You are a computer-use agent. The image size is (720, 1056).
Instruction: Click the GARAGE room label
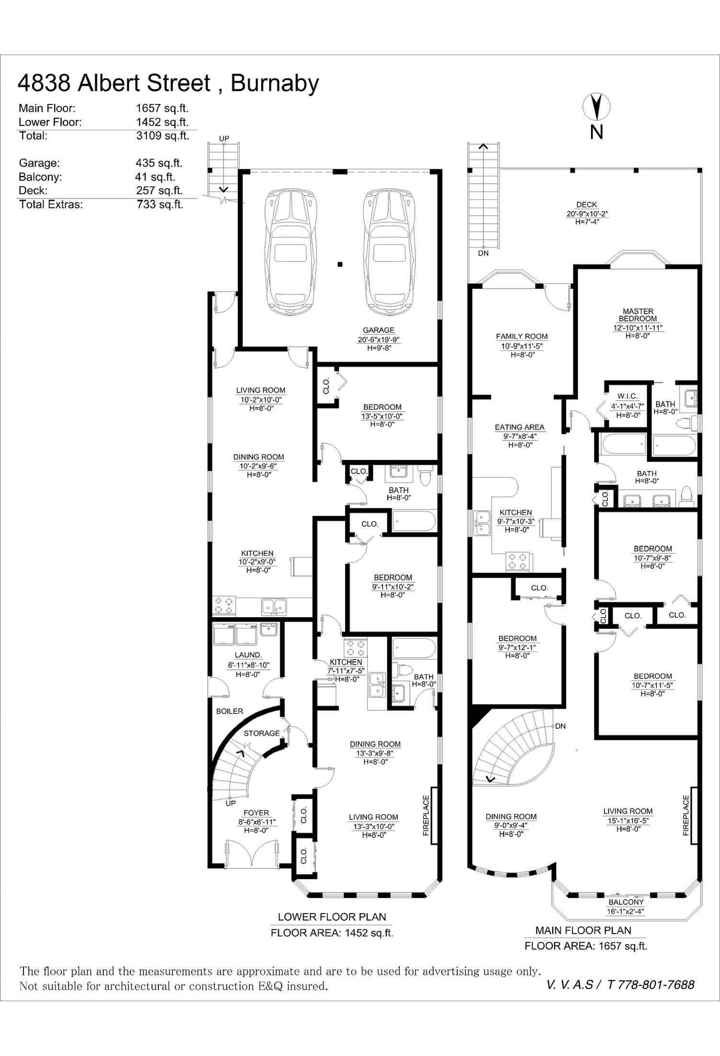[x=379, y=330]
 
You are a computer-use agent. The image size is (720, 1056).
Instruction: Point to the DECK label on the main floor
[x=587, y=205]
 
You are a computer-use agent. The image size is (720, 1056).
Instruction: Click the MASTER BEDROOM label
[x=638, y=315]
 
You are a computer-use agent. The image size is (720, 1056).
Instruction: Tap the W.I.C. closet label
[x=627, y=396]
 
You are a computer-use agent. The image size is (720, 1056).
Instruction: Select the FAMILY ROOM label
[x=522, y=337]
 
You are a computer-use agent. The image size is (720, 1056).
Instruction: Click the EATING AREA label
[x=520, y=427]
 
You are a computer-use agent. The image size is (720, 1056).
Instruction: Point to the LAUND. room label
[x=248, y=655]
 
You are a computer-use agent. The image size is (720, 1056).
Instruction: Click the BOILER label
[x=230, y=711]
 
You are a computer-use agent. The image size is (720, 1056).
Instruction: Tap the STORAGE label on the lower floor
[x=262, y=733]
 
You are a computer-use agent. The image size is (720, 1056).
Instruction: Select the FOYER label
[x=256, y=813]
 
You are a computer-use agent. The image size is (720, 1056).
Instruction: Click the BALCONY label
[x=626, y=903]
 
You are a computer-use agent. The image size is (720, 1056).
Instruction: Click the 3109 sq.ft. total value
[x=163, y=136]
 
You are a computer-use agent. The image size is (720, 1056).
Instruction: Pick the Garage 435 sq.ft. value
[x=159, y=163]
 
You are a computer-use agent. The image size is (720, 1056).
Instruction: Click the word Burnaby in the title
[x=275, y=83]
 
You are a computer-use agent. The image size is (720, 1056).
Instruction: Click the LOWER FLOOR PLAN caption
[x=332, y=917]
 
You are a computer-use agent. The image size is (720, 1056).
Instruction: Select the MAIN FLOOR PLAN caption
[x=583, y=930]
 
